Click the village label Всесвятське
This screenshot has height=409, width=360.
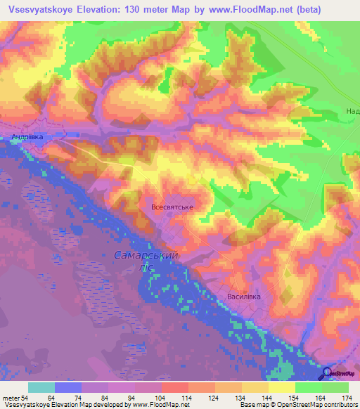(x=172, y=208)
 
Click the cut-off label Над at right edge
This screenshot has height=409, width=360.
(x=352, y=112)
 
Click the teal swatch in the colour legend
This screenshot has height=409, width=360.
(x=41, y=387)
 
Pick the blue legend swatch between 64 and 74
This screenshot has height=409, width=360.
(x=68, y=387)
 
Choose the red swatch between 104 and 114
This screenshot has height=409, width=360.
(x=174, y=387)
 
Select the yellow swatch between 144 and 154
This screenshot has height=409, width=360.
(x=281, y=387)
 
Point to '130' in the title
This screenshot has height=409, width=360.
(x=155, y=10)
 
